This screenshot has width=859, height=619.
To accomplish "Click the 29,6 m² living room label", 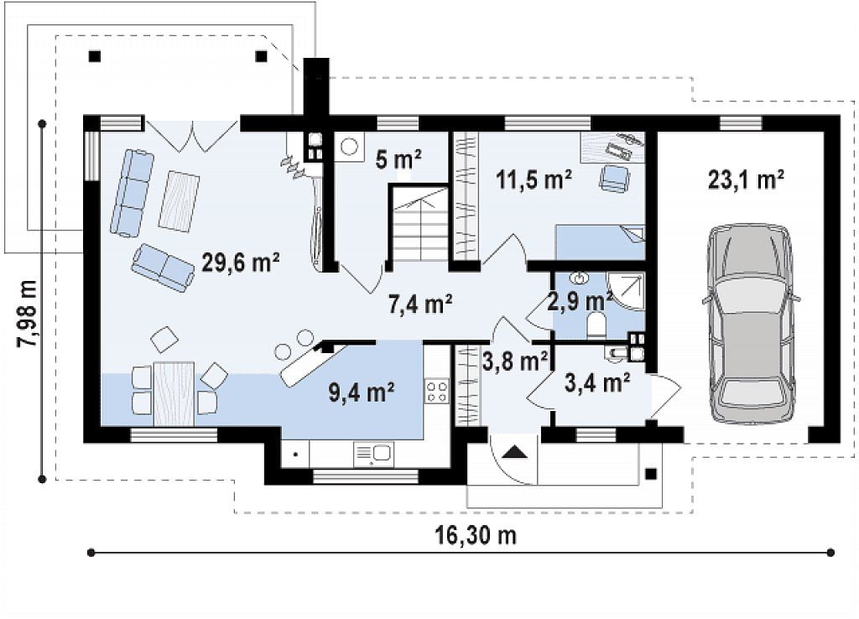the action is [241, 262].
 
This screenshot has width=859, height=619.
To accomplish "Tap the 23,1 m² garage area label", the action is [745, 179].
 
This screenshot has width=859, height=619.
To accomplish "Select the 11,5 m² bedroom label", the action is [534, 179].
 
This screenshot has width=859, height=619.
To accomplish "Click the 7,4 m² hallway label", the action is [420, 303].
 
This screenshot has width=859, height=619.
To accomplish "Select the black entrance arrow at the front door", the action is [513, 451].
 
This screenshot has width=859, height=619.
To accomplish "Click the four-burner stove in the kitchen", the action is [436, 391].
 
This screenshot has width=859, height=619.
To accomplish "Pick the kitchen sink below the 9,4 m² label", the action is [372, 454].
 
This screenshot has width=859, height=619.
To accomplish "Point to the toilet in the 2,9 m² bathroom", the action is [596, 323].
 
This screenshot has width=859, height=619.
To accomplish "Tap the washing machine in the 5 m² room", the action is [350, 147].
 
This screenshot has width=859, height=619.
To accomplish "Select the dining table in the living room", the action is [174, 393].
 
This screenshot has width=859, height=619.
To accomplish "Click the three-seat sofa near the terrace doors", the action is [132, 194].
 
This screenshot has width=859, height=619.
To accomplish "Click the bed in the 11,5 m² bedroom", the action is [601, 242].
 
